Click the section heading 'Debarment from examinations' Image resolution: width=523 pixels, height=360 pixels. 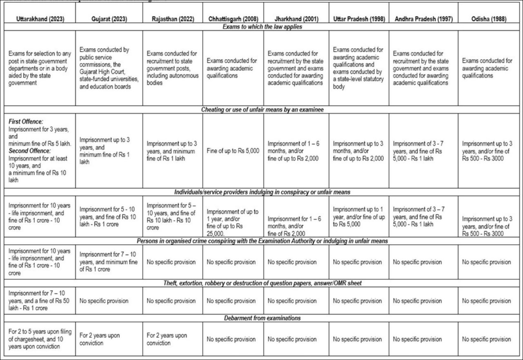[261, 318]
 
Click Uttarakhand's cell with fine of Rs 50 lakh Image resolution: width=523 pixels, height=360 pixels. [40, 301]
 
